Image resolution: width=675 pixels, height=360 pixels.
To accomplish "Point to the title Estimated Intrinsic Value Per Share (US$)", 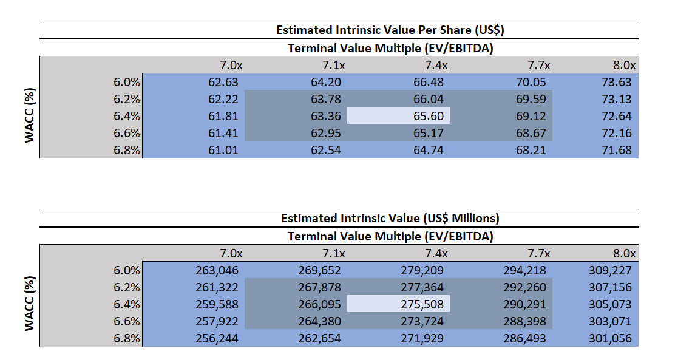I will [390, 30].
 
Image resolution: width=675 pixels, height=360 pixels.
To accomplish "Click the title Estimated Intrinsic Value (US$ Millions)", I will [390, 218].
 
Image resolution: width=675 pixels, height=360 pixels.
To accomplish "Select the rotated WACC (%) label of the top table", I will [29, 116].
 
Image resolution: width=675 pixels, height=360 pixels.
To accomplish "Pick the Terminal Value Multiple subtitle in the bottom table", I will [390, 236].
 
